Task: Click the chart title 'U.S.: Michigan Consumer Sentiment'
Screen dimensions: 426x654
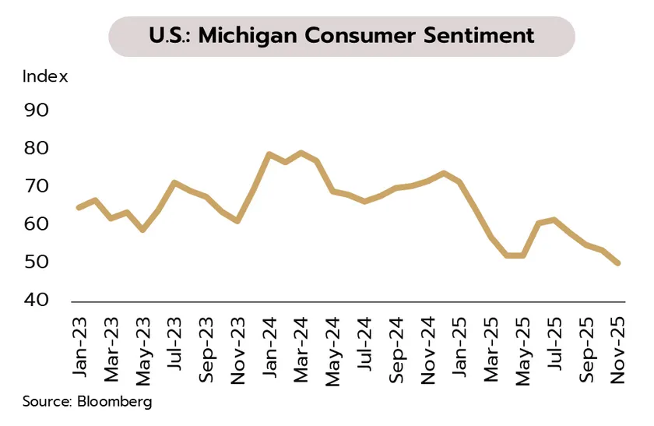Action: pyautogui.click(x=341, y=36)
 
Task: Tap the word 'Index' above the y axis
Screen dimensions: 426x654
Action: pyautogui.click(x=45, y=76)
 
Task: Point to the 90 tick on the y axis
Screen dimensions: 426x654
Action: pyautogui.click(x=36, y=110)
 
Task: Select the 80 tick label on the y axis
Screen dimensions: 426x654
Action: pyautogui.click(x=36, y=148)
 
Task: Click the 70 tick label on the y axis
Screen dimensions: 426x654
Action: pyautogui.click(x=36, y=186)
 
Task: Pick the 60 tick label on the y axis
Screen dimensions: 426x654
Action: pyautogui.click(x=36, y=224)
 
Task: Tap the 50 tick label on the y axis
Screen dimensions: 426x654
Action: pyautogui.click(x=36, y=262)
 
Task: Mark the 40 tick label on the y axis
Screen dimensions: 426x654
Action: pyautogui.click(x=36, y=301)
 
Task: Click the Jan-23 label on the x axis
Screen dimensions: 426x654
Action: pyautogui.click(x=79, y=347)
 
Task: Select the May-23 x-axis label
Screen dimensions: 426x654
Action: pyautogui.click(x=143, y=347)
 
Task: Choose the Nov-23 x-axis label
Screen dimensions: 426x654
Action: pyautogui.click(x=238, y=347)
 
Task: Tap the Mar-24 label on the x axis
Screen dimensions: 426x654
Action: pyautogui.click(x=301, y=347)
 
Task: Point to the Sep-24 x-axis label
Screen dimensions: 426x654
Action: pyautogui.click(x=396, y=347)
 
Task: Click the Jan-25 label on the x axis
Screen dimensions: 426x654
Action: pyautogui.click(x=460, y=347)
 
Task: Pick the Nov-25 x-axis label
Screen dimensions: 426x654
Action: pyautogui.click(x=619, y=347)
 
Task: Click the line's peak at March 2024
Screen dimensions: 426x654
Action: pyautogui.click(x=301, y=153)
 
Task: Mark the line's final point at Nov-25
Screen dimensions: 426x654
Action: pyautogui.click(x=619, y=264)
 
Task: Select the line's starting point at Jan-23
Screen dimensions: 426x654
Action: pyautogui.click(x=79, y=208)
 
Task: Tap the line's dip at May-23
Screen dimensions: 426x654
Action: pyautogui.click(x=142, y=231)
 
